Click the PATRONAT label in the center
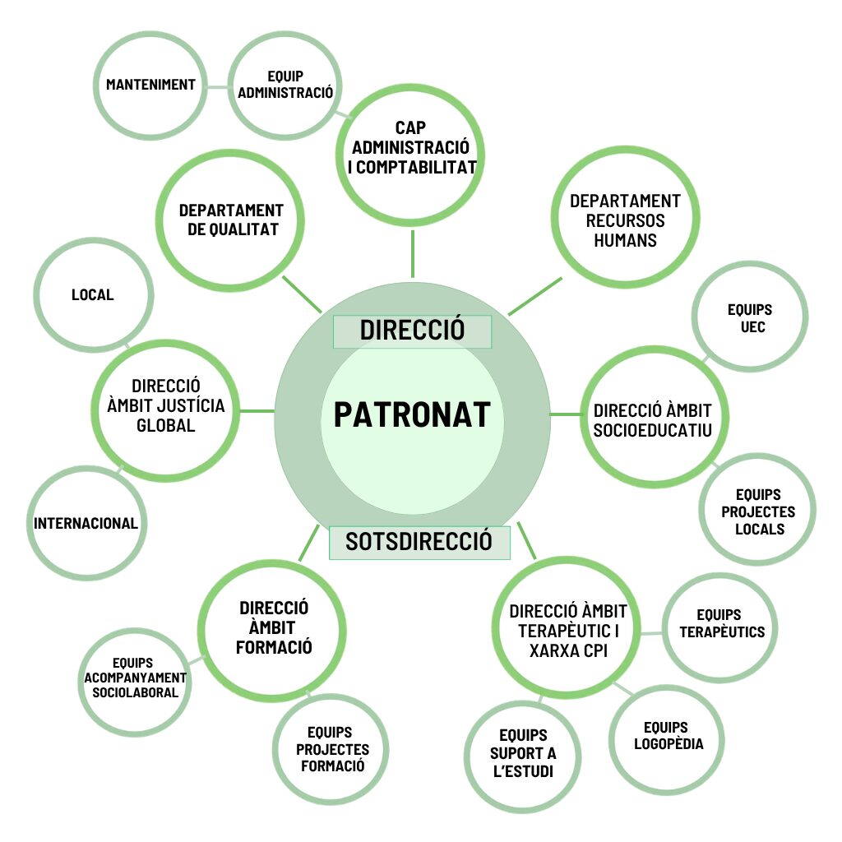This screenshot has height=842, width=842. tap(412, 414)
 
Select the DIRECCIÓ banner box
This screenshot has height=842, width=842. tap(412, 331)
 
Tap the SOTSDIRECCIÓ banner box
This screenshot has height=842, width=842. tap(419, 543)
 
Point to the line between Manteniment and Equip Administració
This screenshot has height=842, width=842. tap(217, 87)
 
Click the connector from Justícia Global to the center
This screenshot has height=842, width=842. tap(257, 411)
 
